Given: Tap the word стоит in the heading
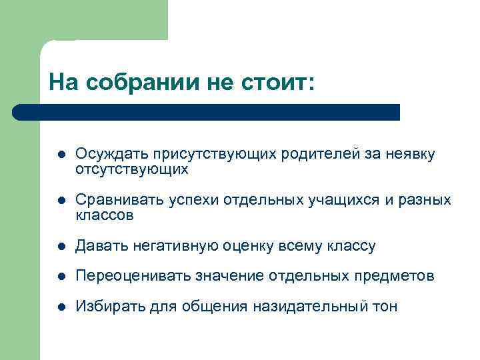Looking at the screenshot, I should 273,82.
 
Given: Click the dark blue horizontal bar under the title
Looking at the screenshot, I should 207,112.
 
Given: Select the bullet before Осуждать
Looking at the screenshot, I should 60,155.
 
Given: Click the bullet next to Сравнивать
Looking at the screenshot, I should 60,201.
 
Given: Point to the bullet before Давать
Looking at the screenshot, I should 60,247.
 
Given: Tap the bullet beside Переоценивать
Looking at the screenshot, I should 60,276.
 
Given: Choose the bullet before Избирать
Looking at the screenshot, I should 60,307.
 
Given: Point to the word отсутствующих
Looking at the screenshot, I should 132,170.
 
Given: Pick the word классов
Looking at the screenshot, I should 105,216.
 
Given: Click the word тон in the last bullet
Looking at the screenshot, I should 385,307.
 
